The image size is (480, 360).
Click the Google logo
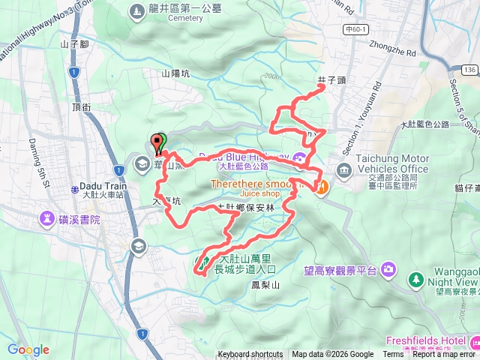pyautogui.click(x=28, y=349)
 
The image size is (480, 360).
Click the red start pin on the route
pyautogui.click(x=158, y=142)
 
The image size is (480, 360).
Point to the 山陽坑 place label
pyautogui.click(x=176, y=73)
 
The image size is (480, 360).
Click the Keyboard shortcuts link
pyautogui.click(x=250, y=355)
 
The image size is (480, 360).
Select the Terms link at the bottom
pyautogui.click(x=393, y=355)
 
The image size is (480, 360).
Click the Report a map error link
pyautogui.click(x=445, y=355)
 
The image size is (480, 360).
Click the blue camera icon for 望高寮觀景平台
pyautogui.click(x=388, y=268)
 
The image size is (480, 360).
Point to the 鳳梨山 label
pyautogui.click(x=265, y=285)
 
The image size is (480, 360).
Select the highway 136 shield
pyautogui.click(x=469, y=69)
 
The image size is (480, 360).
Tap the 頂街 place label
pyautogui.click(x=81, y=107)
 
